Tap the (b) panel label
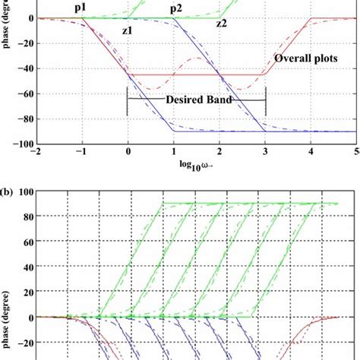pos(9,183)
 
